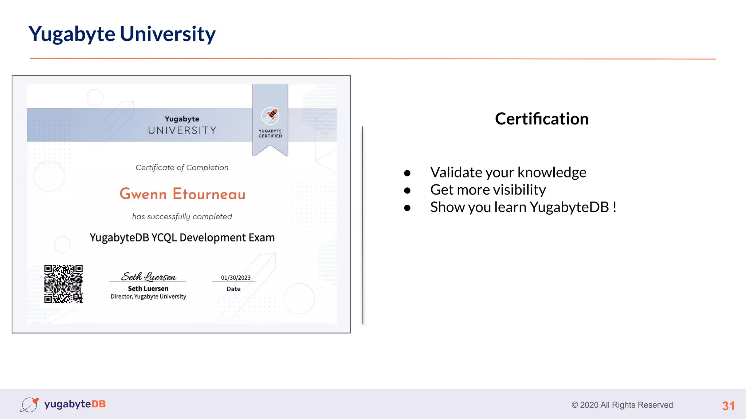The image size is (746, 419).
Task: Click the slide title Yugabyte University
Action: pyautogui.click(x=122, y=34)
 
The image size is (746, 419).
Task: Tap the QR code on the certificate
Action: pyautogui.click(x=63, y=284)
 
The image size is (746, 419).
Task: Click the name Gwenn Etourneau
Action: pyautogui.click(x=182, y=194)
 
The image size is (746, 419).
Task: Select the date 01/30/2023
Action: pyautogui.click(x=236, y=278)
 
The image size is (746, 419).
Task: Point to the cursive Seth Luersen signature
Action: pyautogui.click(x=149, y=276)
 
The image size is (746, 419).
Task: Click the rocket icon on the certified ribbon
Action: pyautogui.click(x=270, y=116)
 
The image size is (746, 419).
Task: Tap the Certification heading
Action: pyautogui.click(x=542, y=119)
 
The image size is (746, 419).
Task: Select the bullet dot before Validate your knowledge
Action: pyautogui.click(x=407, y=173)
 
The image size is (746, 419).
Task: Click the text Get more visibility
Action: pyautogui.click(x=488, y=190)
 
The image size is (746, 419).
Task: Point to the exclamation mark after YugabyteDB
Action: pyautogui.click(x=615, y=207)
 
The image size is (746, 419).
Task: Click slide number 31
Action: pyautogui.click(x=728, y=406)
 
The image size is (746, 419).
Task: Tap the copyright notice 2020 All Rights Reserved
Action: pyautogui.click(x=622, y=405)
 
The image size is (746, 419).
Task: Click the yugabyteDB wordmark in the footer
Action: pyautogui.click(x=75, y=404)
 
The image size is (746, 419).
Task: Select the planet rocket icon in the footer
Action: pyautogui.click(x=30, y=404)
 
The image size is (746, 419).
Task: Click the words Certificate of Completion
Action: pyautogui.click(x=182, y=168)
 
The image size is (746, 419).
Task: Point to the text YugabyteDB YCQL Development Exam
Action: pyautogui.click(x=182, y=238)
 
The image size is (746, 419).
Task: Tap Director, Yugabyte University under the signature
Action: pyautogui.click(x=148, y=296)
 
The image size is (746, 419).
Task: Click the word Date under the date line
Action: pyautogui.click(x=233, y=289)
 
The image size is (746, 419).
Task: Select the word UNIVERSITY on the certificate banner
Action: pyautogui.click(x=182, y=130)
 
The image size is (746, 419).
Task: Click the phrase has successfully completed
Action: pyautogui.click(x=182, y=217)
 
